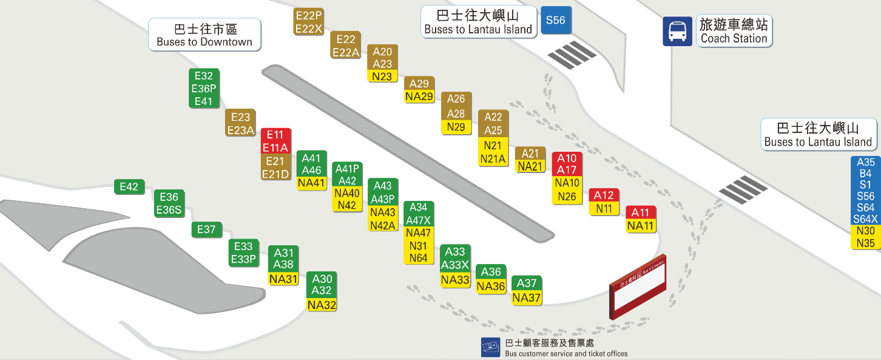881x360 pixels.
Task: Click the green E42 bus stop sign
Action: (129, 187)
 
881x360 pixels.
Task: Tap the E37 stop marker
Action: (207, 229)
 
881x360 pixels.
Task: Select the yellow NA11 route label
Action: (641, 226)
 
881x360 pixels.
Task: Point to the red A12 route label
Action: (604, 195)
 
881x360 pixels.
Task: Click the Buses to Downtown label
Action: (204, 35)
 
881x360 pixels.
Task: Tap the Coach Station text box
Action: (734, 31)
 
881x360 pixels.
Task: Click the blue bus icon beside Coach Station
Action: (677, 31)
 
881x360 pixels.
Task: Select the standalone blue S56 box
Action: (556, 20)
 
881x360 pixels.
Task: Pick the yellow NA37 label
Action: (527, 297)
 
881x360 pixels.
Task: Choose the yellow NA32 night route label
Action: (322, 305)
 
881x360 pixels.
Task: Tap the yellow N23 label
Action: (382, 76)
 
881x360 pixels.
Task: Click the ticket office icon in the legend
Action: (491, 347)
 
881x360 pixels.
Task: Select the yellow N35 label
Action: (866, 243)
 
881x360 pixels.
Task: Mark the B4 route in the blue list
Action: (866, 174)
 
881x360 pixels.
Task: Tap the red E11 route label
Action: (275, 135)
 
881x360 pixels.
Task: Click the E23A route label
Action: (241, 130)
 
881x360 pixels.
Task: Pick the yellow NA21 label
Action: (530, 166)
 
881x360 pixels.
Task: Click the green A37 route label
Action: (527, 283)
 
